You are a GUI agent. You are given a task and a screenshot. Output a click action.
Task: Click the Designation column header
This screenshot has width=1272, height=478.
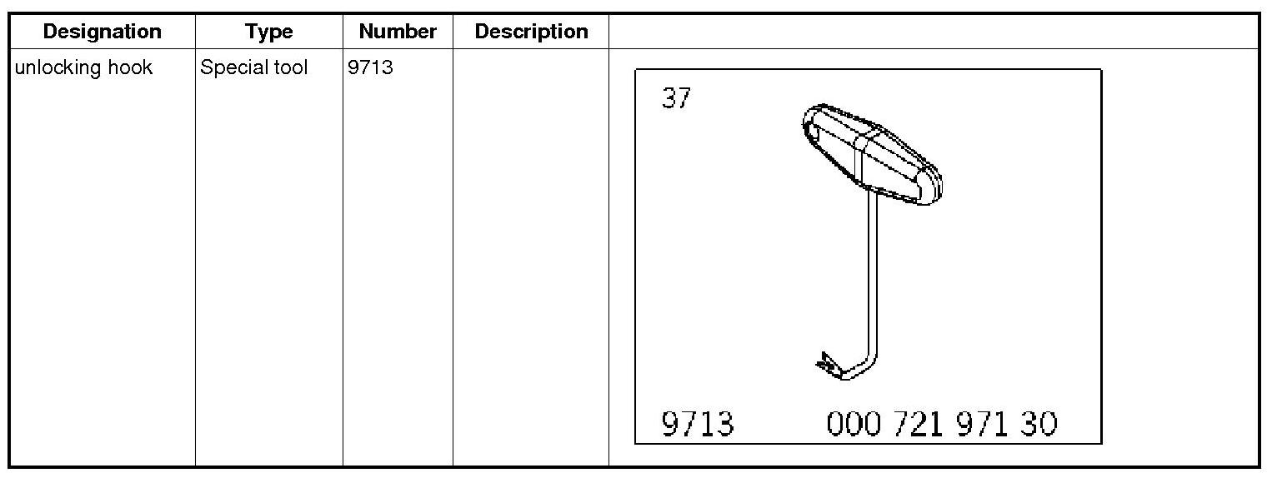102,32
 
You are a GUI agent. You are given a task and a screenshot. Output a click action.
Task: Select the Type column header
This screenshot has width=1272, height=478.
268,32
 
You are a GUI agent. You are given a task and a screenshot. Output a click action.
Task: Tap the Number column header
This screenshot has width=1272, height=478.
398,32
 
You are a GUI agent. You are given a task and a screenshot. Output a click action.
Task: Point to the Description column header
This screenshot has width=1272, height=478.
531,32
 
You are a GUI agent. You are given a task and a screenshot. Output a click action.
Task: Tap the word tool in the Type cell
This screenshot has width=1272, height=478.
289,67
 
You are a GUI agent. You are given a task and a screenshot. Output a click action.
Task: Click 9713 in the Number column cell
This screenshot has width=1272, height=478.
370,67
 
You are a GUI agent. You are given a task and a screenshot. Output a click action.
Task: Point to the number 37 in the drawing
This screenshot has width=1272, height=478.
676,99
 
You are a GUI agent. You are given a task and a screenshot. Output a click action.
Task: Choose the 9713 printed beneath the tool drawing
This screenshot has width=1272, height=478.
697,424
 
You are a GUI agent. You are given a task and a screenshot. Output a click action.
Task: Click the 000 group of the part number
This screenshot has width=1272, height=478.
854,424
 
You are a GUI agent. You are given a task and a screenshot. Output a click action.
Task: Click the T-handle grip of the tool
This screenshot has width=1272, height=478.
871,155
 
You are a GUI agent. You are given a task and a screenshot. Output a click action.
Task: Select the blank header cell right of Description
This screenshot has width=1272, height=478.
933,32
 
